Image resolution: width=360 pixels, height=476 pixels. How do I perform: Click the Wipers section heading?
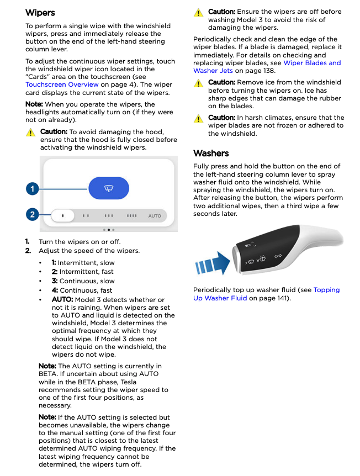click(40, 12)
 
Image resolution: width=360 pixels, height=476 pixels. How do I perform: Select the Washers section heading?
click(211, 153)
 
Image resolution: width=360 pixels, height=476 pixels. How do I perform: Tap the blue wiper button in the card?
click(109, 188)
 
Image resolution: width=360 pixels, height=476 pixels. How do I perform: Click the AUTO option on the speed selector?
click(155, 215)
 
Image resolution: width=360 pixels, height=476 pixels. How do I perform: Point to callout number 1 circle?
click(33, 188)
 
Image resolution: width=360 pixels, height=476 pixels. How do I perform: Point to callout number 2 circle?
click(33, 215)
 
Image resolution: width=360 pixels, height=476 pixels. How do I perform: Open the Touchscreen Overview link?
click(62, 84)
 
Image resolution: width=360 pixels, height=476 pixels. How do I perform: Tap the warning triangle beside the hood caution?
click(30, 133)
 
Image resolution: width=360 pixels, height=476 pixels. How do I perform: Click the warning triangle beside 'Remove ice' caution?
click(198, 83)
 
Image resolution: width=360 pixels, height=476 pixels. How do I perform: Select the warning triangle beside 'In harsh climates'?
click(198, 118)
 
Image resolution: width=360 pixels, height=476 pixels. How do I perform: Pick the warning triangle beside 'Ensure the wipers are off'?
click(198, 12)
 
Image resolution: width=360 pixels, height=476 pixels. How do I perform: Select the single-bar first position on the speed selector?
click(62, 215)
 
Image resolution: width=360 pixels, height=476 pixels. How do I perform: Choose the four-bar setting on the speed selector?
click(131, 215)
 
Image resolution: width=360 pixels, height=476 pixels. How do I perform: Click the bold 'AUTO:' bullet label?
click(62, 299)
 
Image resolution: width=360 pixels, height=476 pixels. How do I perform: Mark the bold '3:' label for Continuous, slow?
click(54, 281)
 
